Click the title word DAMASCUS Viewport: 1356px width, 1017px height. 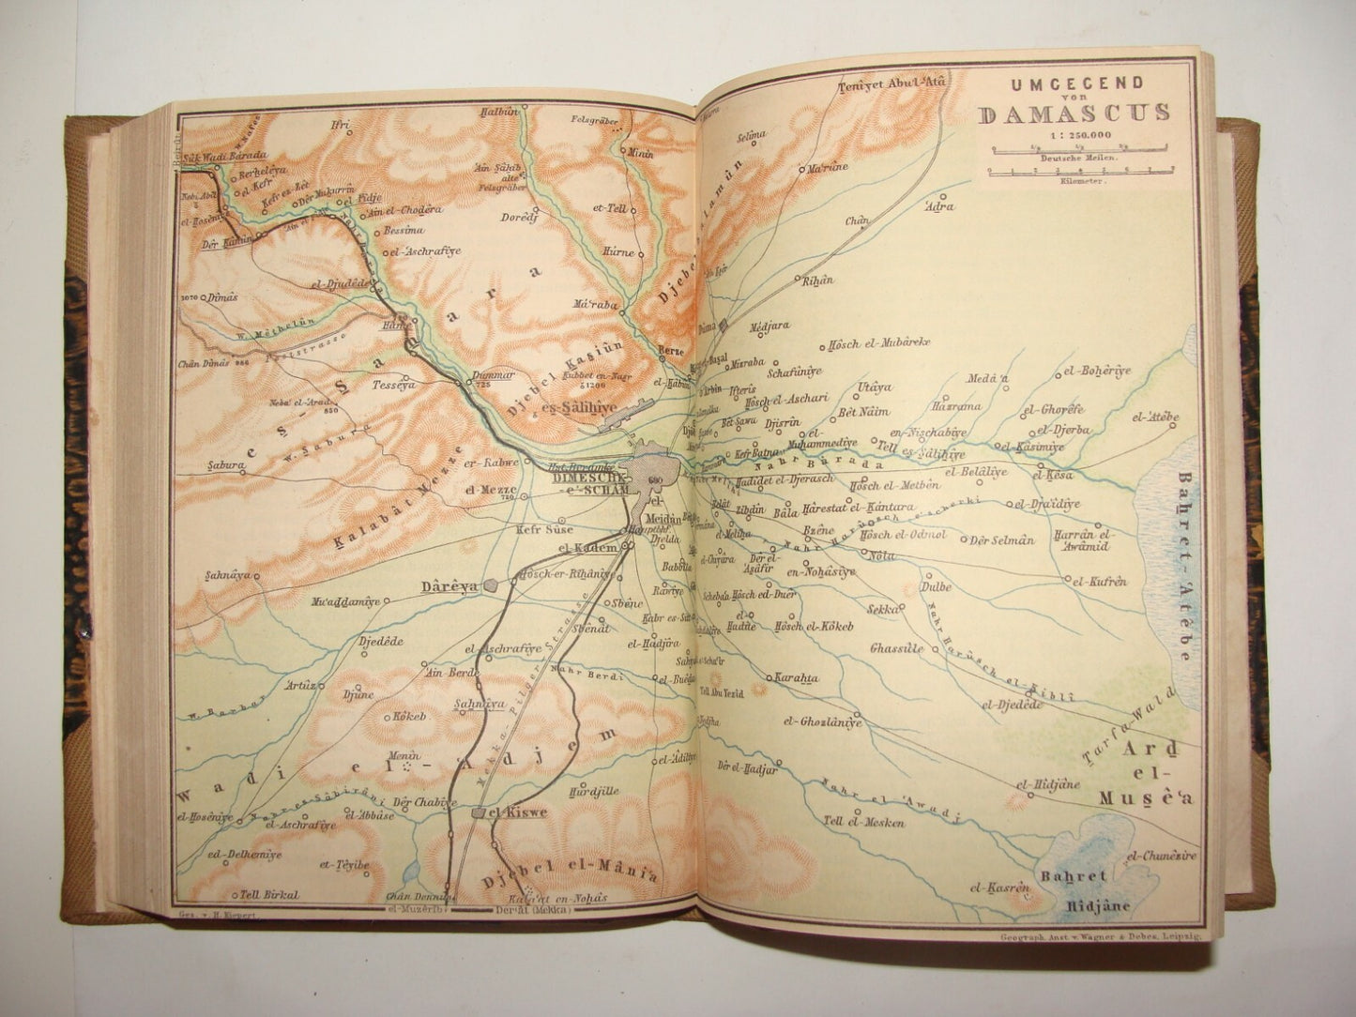(x=1074, y=114)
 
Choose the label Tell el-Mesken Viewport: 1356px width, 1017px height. (x=863, y=823)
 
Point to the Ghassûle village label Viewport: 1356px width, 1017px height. (x=896, y=649)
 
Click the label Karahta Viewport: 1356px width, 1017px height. (x=796, y=678)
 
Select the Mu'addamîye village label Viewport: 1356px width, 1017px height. (x=338, y=601)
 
